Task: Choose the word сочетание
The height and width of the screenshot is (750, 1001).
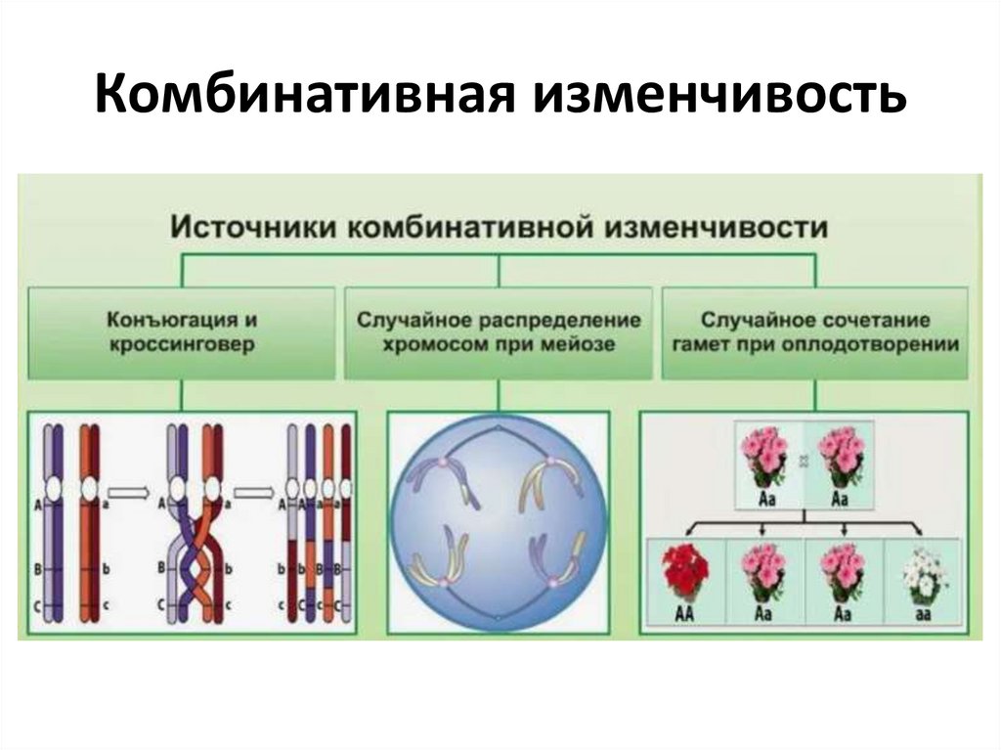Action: pos(884,320)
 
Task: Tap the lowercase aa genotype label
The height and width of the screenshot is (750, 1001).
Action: pos(923,613)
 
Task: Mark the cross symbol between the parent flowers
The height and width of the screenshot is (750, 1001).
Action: pos(804,456)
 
